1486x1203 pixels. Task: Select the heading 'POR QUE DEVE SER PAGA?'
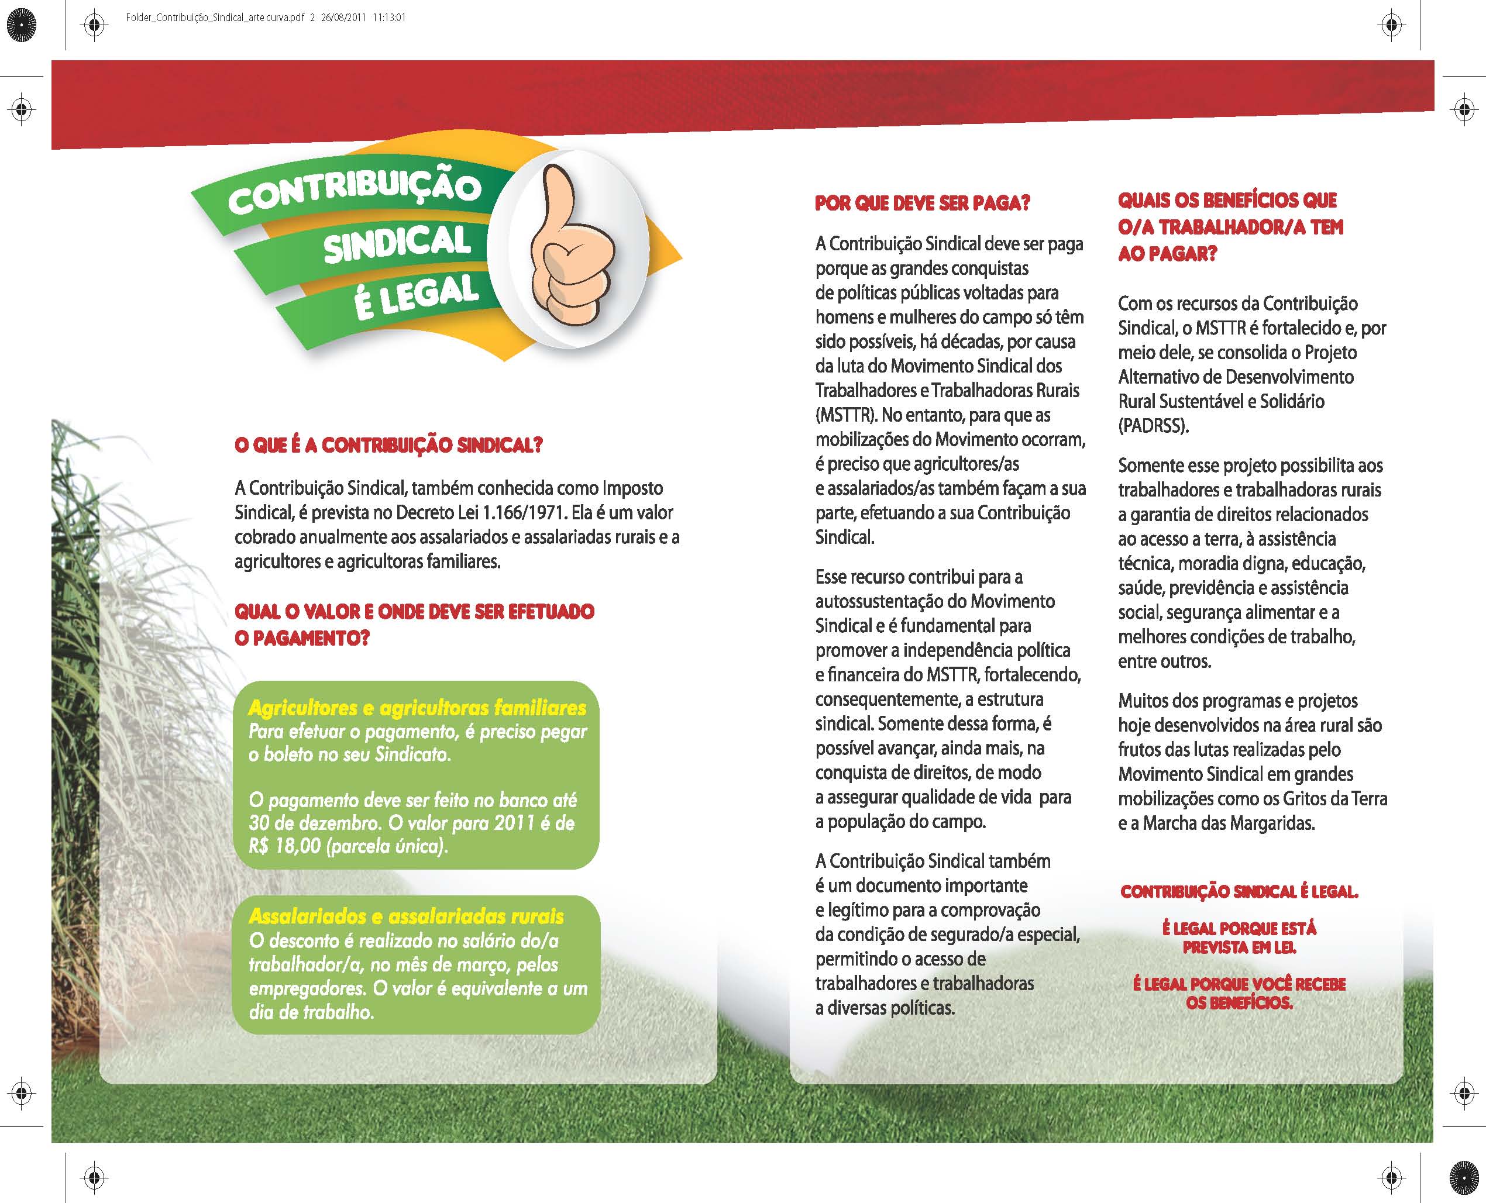(923, 203)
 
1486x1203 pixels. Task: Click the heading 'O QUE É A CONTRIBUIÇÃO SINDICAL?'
(388, 445)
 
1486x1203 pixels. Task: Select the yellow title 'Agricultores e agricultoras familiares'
(417, 708)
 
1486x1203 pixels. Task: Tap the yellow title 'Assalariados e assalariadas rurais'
(406, 916)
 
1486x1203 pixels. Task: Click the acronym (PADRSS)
(1153, 426)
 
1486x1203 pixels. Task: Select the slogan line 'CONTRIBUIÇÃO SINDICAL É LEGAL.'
(1239, 892)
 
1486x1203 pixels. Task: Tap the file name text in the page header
(215, 18)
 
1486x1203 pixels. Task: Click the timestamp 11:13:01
(389, 18)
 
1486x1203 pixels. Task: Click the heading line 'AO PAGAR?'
(1167, 254)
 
